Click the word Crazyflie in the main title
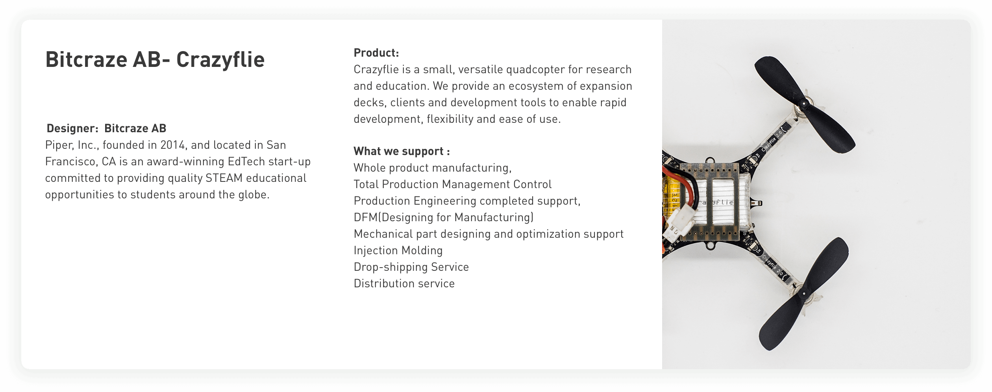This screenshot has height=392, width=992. (220, 60)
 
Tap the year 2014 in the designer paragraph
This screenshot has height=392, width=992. (172, 145)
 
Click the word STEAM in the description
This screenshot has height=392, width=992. (224, 178)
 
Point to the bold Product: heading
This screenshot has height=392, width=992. (376, 53)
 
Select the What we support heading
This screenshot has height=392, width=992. (402, 151)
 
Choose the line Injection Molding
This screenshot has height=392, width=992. (398, 250)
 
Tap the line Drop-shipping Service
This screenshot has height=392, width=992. (411, 267)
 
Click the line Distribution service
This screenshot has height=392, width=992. (404, 283)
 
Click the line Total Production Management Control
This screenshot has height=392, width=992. (453, 184)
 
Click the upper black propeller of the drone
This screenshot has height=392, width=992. (805, 105)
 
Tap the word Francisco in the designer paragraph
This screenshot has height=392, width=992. (71, 161)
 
